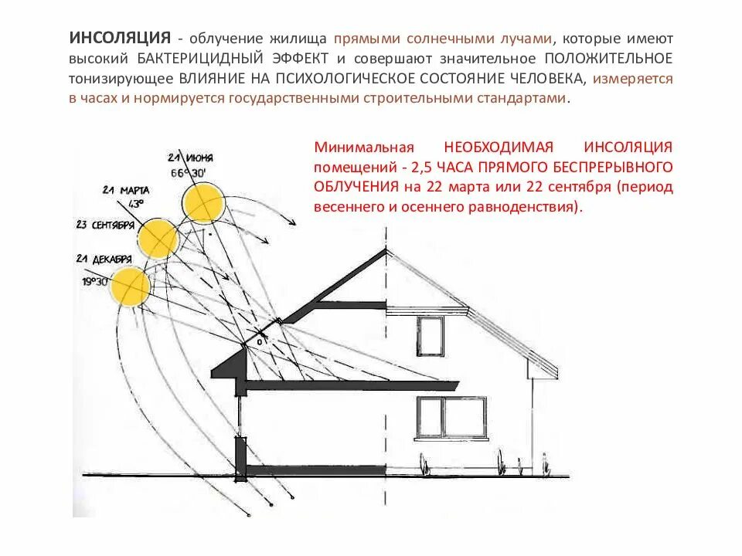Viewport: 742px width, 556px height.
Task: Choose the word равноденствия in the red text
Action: point(529,207)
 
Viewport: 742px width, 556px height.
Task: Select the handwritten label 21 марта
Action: point(125,190)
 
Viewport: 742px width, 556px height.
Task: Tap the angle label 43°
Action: point(136,204)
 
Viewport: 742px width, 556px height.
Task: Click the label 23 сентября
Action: point(107,225)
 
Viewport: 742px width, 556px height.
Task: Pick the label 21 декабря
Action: point(104,259)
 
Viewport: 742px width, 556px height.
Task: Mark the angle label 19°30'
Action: point(95,282)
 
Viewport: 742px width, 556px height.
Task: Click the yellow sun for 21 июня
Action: point(203,203)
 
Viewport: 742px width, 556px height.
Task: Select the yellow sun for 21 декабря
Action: point(130,286)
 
